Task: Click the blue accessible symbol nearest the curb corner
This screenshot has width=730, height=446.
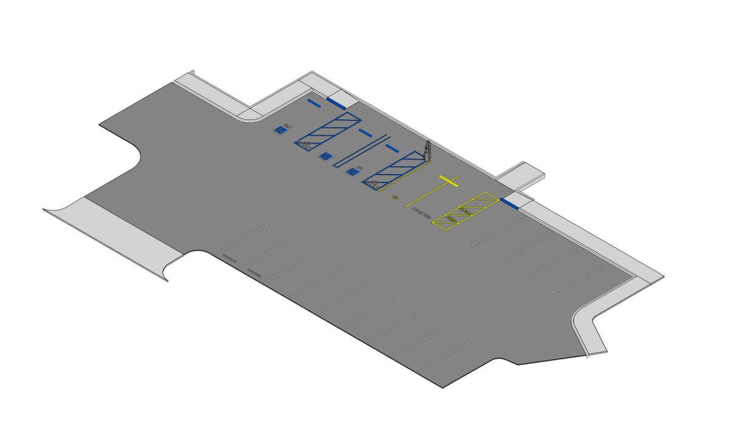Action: (x=280, y=129)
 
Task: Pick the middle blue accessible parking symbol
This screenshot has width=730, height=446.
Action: (x=326, y=156)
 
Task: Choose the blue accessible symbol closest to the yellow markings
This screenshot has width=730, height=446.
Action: (x=352, y=172)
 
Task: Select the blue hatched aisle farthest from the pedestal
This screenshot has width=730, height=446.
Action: (x=327, y=130)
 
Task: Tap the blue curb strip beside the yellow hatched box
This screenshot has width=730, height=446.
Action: (x=509, y=203)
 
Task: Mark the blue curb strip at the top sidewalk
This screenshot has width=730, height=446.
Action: (x=336, y=102)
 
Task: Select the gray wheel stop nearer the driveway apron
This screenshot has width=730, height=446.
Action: (x=229, y=258)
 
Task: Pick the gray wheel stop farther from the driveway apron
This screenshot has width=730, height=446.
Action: (x=254, y=271)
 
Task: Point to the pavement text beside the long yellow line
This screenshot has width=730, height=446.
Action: (x=421, y=213)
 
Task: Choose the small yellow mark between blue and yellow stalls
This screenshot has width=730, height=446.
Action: (x=394, y=198)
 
